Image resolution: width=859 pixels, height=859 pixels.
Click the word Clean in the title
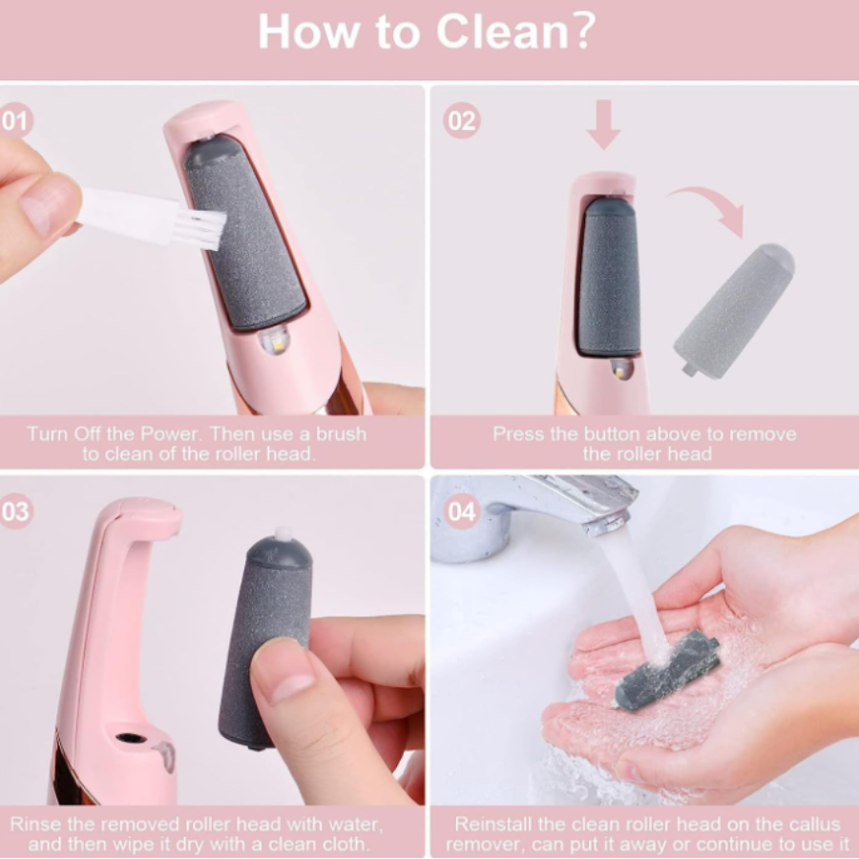click(x=503, y=31)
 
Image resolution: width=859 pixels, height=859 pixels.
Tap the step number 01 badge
click(x=14, y=120)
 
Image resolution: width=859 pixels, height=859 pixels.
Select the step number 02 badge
click(x=462, y=120)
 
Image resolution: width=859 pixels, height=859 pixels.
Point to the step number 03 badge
click(x=14, y=512)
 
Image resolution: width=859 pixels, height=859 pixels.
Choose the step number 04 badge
click(x=461, y=512)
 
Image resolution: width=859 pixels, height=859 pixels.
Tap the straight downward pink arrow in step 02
click(x=603, y=124)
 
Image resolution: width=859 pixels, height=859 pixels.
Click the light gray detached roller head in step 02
click(x=734, y=310)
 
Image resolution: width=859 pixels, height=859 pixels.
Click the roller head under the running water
click(x=667, y=670)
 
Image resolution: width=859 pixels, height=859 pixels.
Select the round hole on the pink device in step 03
click(x=131, y=738)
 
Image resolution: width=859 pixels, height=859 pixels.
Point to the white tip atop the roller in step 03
click(x=283, y=533)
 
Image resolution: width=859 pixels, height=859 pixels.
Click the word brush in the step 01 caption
click(x=341, y=434)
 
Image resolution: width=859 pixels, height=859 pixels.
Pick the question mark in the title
click(x=585, y=31)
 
